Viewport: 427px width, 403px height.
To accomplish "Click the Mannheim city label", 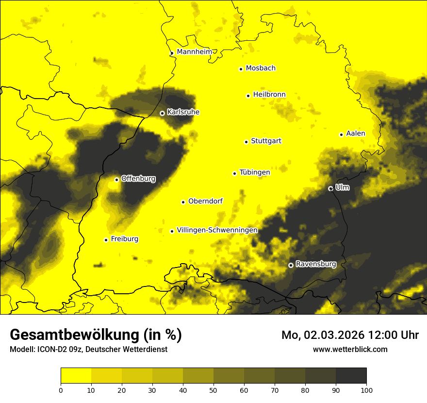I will click(195, 52).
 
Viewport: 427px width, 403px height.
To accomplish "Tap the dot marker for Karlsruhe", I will click(162, 113).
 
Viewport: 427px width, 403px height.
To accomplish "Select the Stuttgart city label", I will click(266, 141).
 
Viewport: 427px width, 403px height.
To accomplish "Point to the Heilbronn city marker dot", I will click(248, 96).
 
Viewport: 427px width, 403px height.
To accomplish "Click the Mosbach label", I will click(261, 68).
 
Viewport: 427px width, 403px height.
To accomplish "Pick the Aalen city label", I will click(356, 134).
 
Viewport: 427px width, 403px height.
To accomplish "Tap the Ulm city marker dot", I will click(330, 188).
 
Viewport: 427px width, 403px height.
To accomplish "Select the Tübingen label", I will click(255, 172).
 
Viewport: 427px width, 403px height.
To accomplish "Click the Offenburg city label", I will click(138, 179).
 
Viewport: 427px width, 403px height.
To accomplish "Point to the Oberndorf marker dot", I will click(183, 202).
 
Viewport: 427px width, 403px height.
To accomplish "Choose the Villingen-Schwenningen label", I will click(217, 230).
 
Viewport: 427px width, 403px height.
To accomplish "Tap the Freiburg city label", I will click(124, 239).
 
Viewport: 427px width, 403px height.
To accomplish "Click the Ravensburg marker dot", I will click(291, 265).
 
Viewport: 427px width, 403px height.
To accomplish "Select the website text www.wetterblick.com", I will click(350, 349).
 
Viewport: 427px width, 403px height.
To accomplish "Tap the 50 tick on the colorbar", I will click(213, 389).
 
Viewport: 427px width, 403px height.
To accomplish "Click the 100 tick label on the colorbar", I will click(366, 389).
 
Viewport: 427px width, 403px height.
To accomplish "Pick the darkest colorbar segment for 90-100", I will click(351, 376).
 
